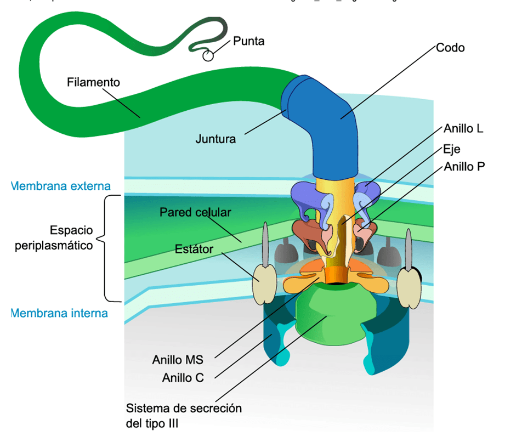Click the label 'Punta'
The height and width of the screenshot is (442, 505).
(x=248, y=41)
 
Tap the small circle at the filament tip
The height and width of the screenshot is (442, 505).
(x=208, y=55)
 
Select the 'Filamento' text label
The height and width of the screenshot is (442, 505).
(x=93, y=82)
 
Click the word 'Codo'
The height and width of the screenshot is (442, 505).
(x=450, y=48)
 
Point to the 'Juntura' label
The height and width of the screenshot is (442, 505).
(x=215, y=139)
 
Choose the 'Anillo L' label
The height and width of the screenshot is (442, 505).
(x=464, y=129)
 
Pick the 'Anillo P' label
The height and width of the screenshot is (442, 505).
(x=464, y=166)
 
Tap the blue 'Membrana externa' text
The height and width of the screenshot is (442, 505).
(x=61, y=186)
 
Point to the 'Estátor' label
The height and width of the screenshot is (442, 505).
(x=194, y=250)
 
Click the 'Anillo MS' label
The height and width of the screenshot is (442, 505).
(x=178, y=360)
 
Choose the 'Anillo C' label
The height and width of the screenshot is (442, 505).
(x=183, y=378)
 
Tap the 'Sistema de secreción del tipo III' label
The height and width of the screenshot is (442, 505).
(x=184, y=416)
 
